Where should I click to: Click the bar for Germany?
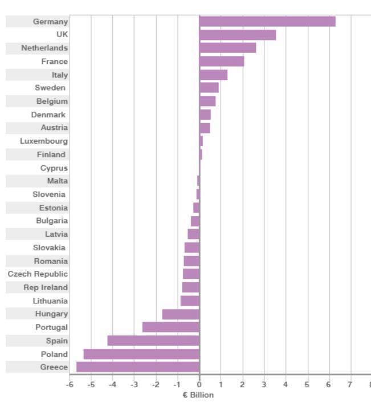[x=267, y=22]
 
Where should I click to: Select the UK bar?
[x=237, y=35]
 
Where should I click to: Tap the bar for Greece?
[x=138, y=367]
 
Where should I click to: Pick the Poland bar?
[x=141, y=354]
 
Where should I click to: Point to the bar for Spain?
[x=153, y=341]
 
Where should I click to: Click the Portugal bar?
[x=170, y=327]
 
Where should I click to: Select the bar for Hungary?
[x=181, y=314]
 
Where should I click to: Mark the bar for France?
[x=221, y=62]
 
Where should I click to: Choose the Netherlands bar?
[x=227, y=48]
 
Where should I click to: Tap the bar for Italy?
[x=213, y=75]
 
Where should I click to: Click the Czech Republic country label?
[x=38, y=274]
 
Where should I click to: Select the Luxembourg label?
[x=44, y=141]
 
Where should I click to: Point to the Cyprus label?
[x=54, y=168]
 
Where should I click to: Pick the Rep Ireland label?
[x=46, y=287]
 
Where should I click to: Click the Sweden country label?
[x=50, y=88]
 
